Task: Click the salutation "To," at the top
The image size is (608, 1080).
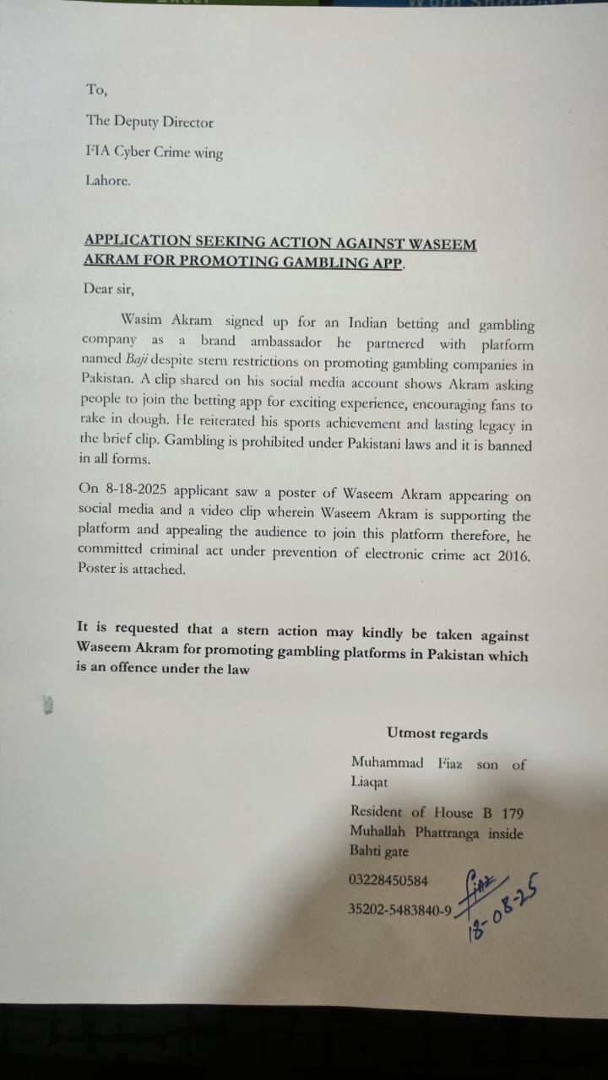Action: tap(96, 89)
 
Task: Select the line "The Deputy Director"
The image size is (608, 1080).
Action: tap(149, 121)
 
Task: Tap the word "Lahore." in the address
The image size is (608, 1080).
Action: tap(108, 180)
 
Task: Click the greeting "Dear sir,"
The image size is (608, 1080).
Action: tap(109, 289)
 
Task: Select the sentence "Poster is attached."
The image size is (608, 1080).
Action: tap(131, 569)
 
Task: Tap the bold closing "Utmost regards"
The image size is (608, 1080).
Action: tap(437, 734)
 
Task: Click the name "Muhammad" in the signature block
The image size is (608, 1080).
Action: tap(387, 763)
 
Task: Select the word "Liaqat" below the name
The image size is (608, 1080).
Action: tap(370, 782)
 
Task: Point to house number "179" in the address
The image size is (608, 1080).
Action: tap(512, 813)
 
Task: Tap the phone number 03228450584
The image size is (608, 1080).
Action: tap(388, 880)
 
